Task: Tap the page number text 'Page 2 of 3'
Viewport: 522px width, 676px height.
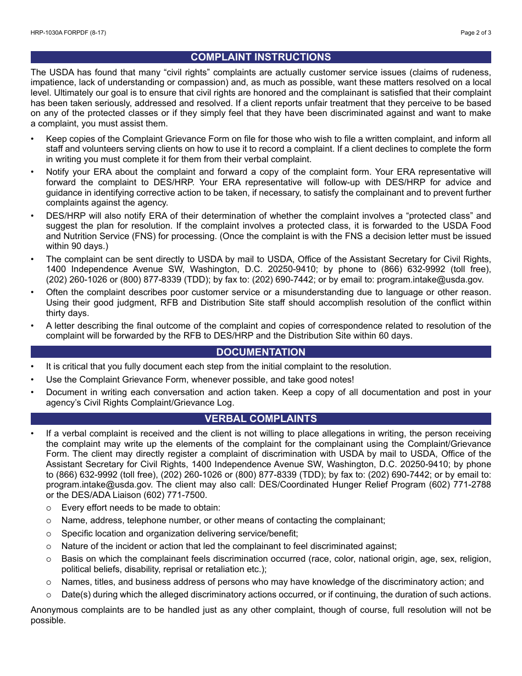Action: tap(475, 33)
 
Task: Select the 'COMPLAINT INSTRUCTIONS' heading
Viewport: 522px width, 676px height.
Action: tap(260, 57)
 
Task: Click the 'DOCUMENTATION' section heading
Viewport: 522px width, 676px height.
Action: tap(260, 352)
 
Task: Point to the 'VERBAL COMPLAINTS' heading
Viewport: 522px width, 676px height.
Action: tap(260, 419)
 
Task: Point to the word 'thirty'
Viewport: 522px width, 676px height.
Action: tap(57, 313)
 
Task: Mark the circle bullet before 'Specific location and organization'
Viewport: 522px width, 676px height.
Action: tap(49, 534)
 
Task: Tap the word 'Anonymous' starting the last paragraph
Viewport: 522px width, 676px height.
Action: tap(54, 610)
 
